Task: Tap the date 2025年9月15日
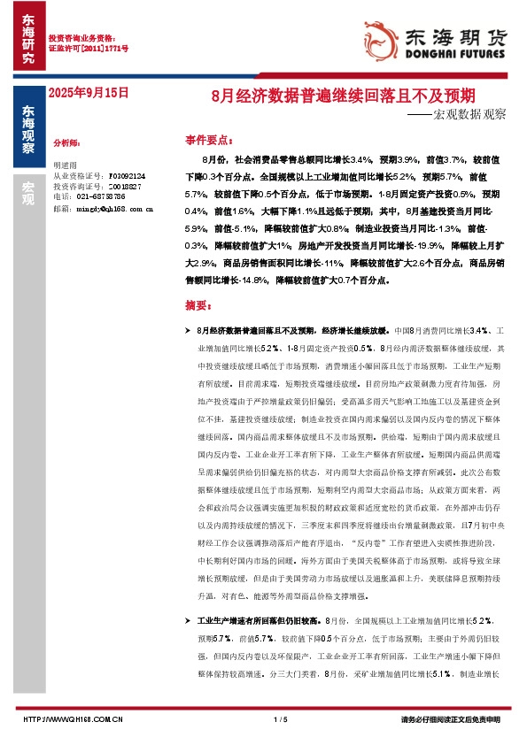click(x=89, y=92)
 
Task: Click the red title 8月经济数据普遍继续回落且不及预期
click(x=345, y=93)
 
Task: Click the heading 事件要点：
click(x=209, y=140)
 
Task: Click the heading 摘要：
click(x=199, y=305)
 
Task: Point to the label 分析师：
click(x=67, y=142)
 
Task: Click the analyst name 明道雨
click(x=66, y=165)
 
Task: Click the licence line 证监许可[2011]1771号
click(x=88, y=48)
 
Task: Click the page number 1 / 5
click(x=282, y=719)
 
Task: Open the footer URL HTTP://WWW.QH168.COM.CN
click(x=72, y=719)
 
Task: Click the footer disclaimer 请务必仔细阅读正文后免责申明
click(x=451, y=719)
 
